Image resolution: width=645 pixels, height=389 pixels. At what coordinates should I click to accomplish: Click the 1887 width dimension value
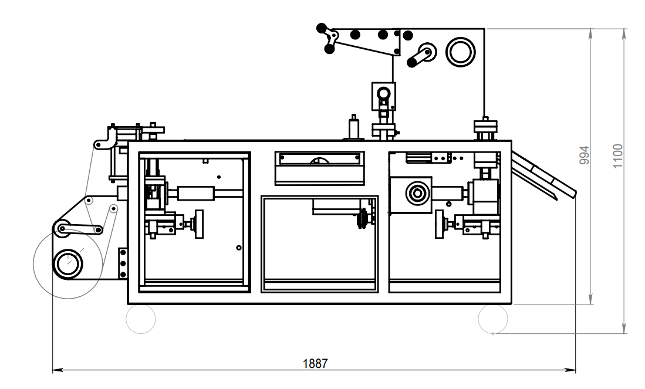pos(315,364)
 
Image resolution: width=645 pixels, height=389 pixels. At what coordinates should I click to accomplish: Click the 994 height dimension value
pos(584,155)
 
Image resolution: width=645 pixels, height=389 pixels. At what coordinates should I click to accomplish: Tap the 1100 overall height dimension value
pos(617,156)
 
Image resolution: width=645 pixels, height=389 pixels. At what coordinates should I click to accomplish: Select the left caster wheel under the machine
pos(141,318)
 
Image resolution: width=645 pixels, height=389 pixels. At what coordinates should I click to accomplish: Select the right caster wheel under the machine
pos(493,318)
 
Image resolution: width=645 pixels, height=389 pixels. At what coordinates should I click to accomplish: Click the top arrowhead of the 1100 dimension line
pos(624,33)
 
